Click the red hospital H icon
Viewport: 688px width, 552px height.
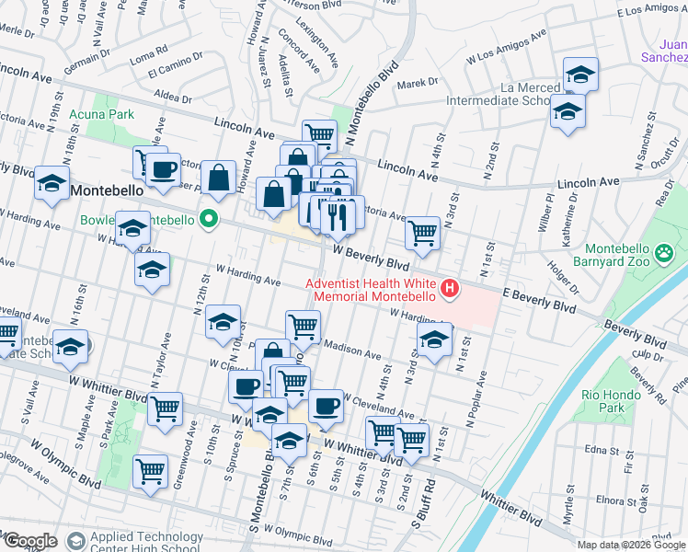pos(450,290)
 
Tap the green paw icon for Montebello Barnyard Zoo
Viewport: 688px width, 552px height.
pos(662,249)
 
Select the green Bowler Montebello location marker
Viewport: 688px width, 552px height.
pos(209,220)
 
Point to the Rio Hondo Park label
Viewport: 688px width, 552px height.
pos(628,400)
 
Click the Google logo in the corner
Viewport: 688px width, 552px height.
pos(29,541)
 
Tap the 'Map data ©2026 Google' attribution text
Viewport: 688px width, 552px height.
pos(631,545)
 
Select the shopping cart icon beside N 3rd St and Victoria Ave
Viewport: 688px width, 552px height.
pos(422,233)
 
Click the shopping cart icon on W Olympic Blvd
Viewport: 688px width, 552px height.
pos(150,471)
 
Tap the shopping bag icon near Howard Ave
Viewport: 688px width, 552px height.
pos(218,178)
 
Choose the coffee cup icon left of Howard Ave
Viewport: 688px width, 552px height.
pos(165,168)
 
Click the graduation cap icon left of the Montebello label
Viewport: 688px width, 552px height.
pos(52,181)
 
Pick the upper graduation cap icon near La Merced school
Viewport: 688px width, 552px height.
pos(580,74)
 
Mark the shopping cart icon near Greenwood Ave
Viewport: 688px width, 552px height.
pos(166,408)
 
